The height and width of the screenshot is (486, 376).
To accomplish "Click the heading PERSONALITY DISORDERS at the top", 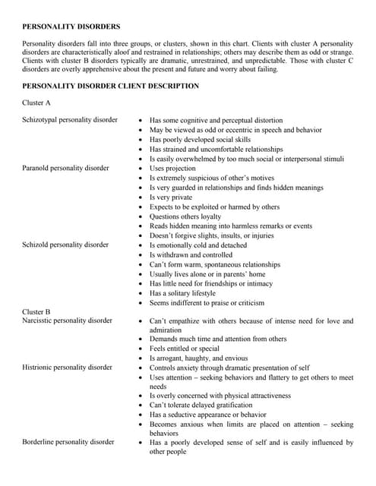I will pyautogui.click(x=71, y=27).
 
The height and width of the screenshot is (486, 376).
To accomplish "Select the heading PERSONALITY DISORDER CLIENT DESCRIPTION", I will pyautogui.click(x=111, y=86).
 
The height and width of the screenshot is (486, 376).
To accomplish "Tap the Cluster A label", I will pyautogui.click(x=36, y=102).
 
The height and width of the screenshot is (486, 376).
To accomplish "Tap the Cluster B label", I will pyautogui.click(x=36, y=311).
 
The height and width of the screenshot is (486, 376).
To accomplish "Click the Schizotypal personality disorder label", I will pyautogui.click(x=70, y=120).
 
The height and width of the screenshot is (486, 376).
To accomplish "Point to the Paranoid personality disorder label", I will pyautogui.click(x=65, y=168).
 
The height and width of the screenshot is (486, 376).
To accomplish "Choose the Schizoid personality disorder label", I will pyautogui.click(x=65, y=245).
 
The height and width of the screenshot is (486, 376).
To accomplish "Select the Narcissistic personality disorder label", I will pyautogui.click(x=67, y=320).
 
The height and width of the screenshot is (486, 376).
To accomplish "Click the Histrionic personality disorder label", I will pyautogui.click(x=67, y=368).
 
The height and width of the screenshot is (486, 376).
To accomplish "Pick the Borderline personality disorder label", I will pyautogui.click(x=68, y=441).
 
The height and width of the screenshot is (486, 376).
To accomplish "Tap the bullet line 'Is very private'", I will pyautogui.click(x=171, y=197).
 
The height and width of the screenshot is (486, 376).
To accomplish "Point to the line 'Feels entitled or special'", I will pyautogui.click(x=187, y=348).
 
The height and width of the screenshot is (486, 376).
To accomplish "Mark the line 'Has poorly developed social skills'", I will pyautogui.click(x=200, y=140).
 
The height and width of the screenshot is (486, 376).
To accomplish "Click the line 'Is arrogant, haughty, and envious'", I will pyautogui.click(x=198, y=358).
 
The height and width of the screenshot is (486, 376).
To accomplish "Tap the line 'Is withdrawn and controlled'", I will pyautogui.click(x=191, y=255).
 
